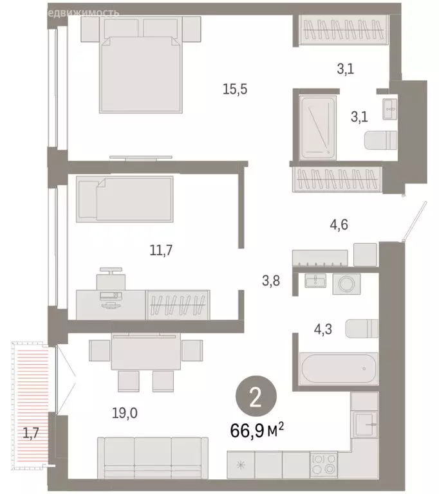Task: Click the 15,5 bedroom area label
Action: coord(235,90)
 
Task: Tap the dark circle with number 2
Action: coord(256,399)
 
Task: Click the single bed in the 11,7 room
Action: coord(124,199)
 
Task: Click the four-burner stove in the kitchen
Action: coord(323,462)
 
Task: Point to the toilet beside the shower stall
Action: coord(380,140)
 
